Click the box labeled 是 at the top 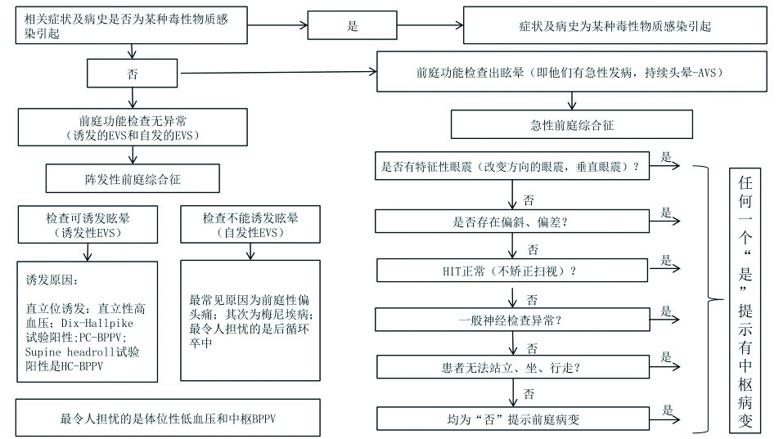point(352,26)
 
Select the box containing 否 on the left point(133,73)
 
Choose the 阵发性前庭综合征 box point(133,177)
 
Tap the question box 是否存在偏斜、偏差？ point(511,222)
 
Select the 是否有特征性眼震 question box point(511,168)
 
